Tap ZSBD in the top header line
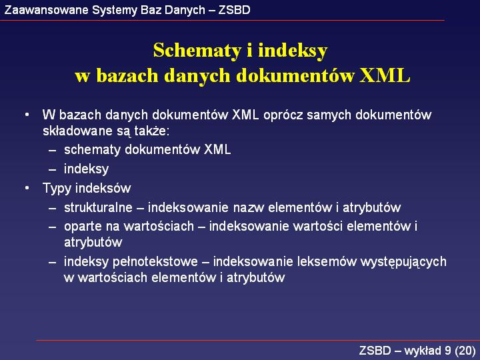coord(234,10)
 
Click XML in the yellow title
coord(385,75)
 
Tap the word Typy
coord(57,189)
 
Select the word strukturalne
coord(98,207)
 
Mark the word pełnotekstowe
coord(155,262)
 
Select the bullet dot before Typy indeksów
coord(27,188)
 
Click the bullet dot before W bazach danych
coord(27,115)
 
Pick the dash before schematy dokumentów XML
coord(53,150)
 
